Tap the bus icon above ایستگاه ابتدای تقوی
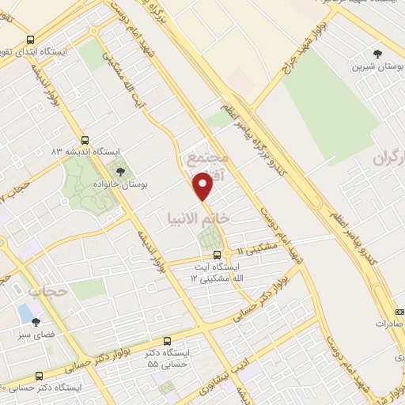pos(30,40)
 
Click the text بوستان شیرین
pos(377,66)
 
